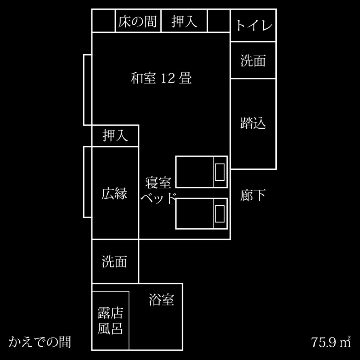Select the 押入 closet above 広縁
(x=115, y=135)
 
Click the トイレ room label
(x=253, y=25)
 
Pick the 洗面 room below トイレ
(x=253, y=60)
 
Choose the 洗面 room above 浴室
(x=115, y=262)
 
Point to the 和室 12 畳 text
(x=161, y=78)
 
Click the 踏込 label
(x=253, y=123)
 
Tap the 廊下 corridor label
(x=253, y=195)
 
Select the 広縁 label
(x=115, y=194)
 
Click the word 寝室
(x=158, y=183)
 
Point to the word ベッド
(x=158, y=198)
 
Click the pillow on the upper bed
(x=220, y=172)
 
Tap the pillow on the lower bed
(x=220, y=213)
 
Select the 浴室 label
(x=161, y=300)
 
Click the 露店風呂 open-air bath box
(x=110, y=320)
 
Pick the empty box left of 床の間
(x=104, y=21)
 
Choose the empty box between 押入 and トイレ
(x=219, y=21)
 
